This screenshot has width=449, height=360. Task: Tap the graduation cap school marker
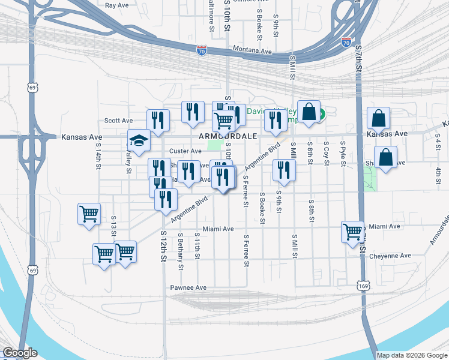coord(139,142)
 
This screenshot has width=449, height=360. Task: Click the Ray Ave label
coord(117,5)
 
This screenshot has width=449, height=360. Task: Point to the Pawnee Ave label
coord(188,288)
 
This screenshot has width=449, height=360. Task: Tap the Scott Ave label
coord(118,121)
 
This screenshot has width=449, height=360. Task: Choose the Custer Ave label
coord(185,151)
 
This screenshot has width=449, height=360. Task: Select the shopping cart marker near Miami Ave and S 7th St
coord(352,232)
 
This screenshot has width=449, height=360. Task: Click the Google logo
coord(20,353)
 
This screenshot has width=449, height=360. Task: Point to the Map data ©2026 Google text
coord(412,355)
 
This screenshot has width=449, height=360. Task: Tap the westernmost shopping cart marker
coord(89,214)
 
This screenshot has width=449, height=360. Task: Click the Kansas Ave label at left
coord(82,137)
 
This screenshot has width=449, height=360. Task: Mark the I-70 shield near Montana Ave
coord(202,51)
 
